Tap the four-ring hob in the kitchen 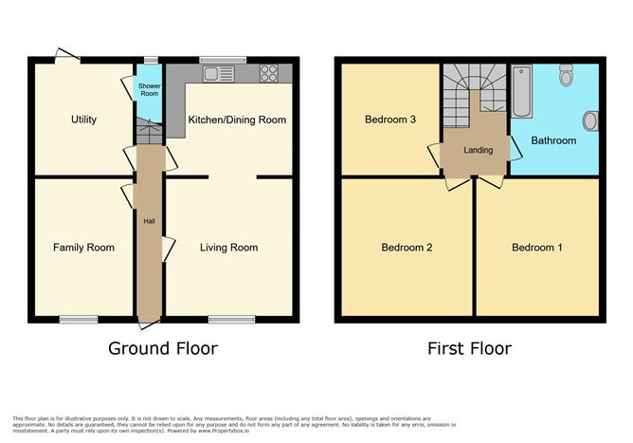pos(268,73)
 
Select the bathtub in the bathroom pos(521,92)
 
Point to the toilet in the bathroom pos(568,74)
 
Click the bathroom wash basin pos(590,121)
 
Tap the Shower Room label pos(149,90)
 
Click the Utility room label pos(83,120)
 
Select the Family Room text pos(83,248)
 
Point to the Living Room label pos(228,248)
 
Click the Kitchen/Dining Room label pos(237,120)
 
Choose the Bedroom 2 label pos(407,248)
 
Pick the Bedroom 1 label pos(537,248)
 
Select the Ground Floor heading pos(162,348)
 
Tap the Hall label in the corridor pos(149,221)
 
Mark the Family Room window pos(79,320)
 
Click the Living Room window pos(231,320)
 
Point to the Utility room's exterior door pos(67,57)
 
